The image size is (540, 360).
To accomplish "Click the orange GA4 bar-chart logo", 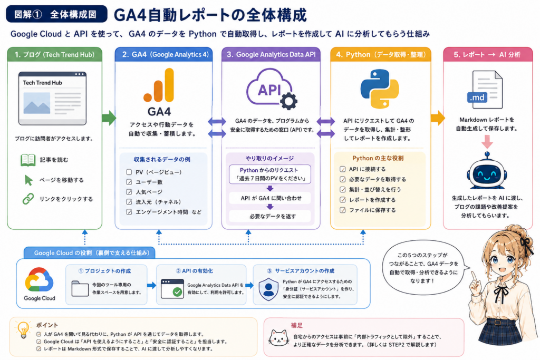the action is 159,85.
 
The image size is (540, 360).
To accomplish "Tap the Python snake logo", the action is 380,89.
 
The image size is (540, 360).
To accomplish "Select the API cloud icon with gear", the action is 272,89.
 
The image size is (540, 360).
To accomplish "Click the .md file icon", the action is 485,90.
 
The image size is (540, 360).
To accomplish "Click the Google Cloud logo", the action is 39,279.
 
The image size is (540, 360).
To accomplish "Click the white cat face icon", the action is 278,338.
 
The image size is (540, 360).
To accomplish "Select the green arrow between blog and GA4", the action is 109,118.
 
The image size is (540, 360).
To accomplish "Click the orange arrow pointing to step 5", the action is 437,118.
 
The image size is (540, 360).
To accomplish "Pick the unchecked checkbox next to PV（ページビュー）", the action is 129,172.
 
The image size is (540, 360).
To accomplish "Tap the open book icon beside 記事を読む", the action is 28,160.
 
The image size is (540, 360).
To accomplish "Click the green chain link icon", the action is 28,199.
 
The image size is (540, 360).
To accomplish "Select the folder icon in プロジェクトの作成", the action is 80,288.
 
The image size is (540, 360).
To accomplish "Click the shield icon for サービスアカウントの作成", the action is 268,289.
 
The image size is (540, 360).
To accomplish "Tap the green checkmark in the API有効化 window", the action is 177,292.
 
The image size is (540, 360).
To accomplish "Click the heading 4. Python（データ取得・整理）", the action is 381,55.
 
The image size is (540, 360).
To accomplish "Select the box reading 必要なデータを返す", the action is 270,216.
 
